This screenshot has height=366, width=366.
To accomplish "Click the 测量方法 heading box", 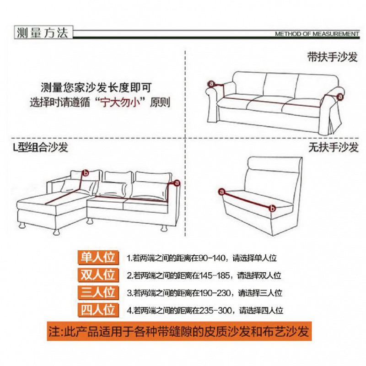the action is [43, 32].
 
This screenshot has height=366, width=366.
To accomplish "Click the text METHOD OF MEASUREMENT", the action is [317, 34].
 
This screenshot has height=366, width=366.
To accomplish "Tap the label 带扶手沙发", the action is [332, 57].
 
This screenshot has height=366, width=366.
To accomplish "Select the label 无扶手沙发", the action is [334, 147].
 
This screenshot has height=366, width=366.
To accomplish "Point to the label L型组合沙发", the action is [40, 147].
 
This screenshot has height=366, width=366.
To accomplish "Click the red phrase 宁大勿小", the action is [120, 102].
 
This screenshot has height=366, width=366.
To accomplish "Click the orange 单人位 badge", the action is [98, 258].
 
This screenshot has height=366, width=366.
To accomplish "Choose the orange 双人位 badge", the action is [98, 275].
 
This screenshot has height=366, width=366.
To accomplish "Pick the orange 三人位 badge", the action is [98, 292].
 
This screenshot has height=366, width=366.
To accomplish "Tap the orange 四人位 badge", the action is [98, 310].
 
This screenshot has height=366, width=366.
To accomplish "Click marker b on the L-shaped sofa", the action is [86, 173].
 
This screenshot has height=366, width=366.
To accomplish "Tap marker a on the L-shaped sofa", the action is [177, 183].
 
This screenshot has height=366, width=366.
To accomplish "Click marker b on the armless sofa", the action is [272, 208].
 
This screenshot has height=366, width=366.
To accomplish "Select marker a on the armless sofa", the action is [221, 192].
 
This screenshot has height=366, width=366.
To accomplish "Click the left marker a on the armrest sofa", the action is [211, 84].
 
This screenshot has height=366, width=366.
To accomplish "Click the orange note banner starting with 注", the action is [179, 331].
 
